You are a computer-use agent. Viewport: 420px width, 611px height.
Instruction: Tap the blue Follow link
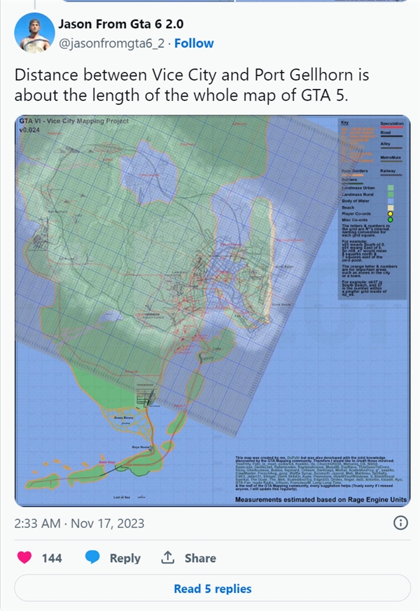click(194, 43)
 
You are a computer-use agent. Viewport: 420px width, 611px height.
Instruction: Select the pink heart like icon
click(24, 558)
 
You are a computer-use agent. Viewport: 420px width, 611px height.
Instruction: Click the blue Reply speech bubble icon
click(92, 558)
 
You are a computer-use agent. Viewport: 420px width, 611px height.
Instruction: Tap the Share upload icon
click(168, 558)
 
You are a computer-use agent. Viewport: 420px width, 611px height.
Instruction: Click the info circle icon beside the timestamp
click(400, 523)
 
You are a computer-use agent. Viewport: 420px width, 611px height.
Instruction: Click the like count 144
click(52, 559)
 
